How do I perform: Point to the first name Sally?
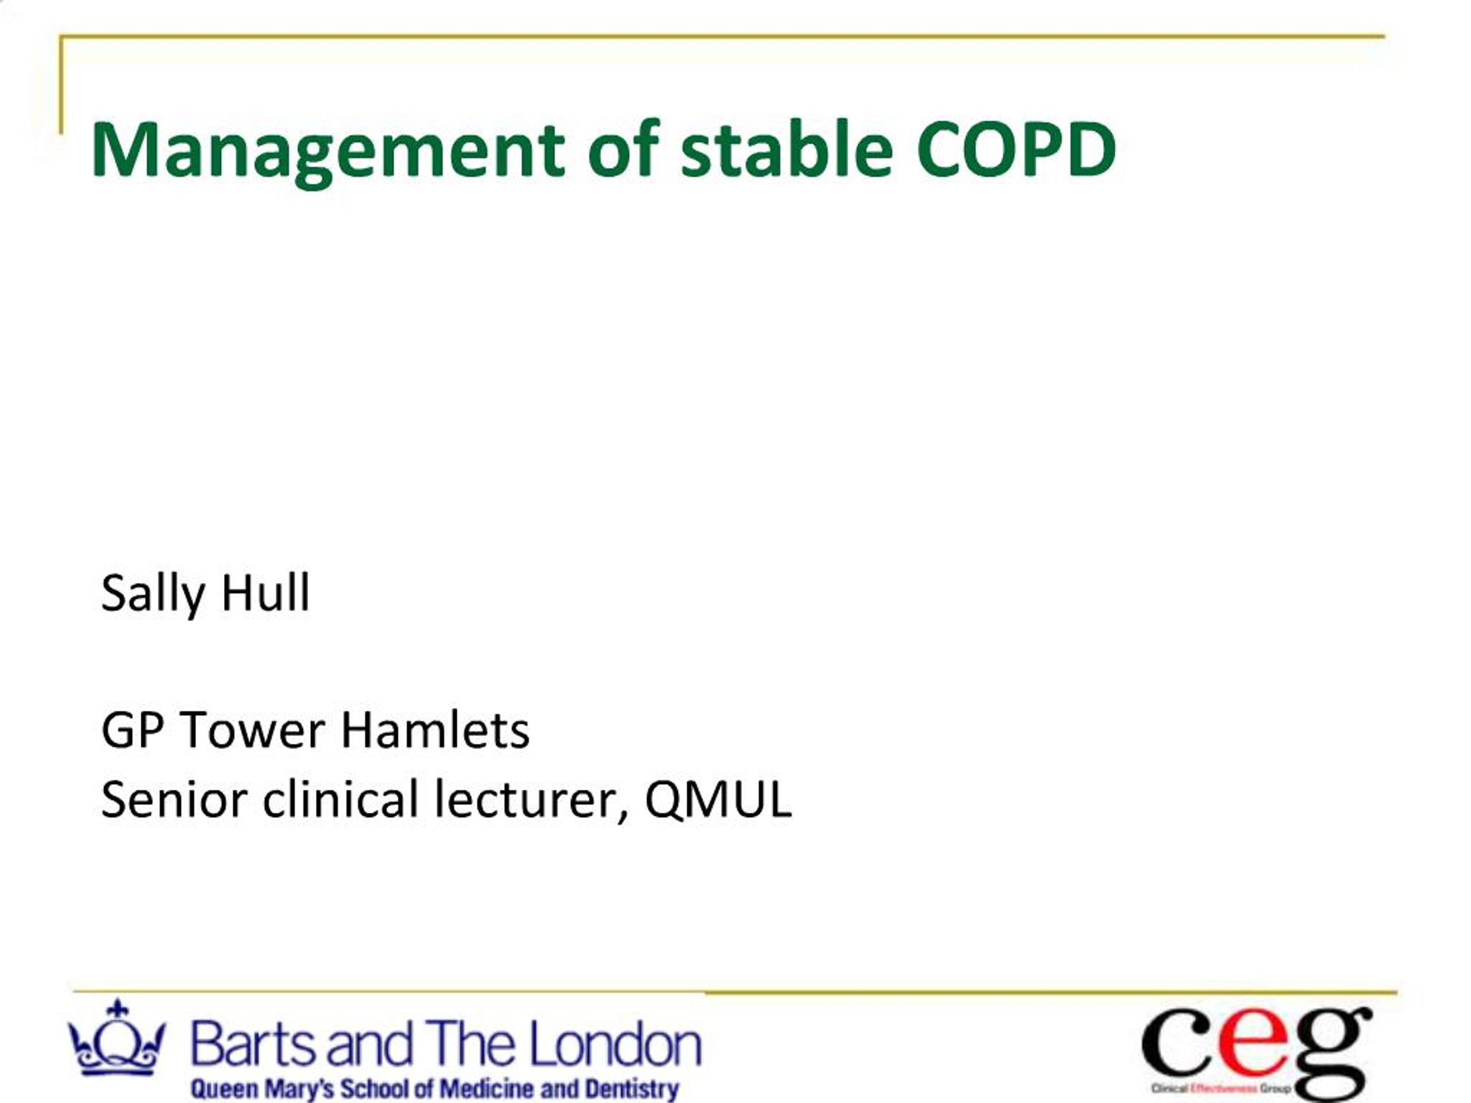[x=152, y=593]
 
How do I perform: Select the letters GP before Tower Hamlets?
[x=132, y=730]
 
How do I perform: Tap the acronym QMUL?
[x=718, y=799]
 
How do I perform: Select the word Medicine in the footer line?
[x=487, y=1089]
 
